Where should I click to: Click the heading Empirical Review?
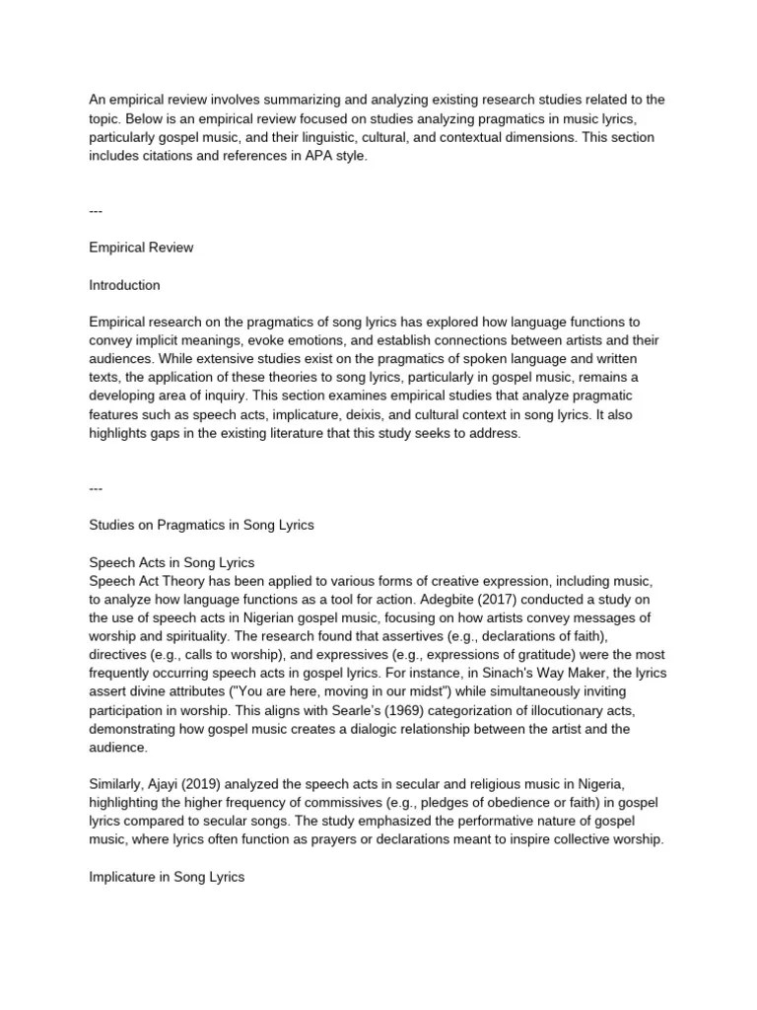141,248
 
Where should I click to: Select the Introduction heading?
124,285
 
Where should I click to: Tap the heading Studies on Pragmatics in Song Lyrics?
201,525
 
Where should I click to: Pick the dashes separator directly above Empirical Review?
96,210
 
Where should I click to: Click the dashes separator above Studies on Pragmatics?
96,487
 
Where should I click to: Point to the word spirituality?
207,636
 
